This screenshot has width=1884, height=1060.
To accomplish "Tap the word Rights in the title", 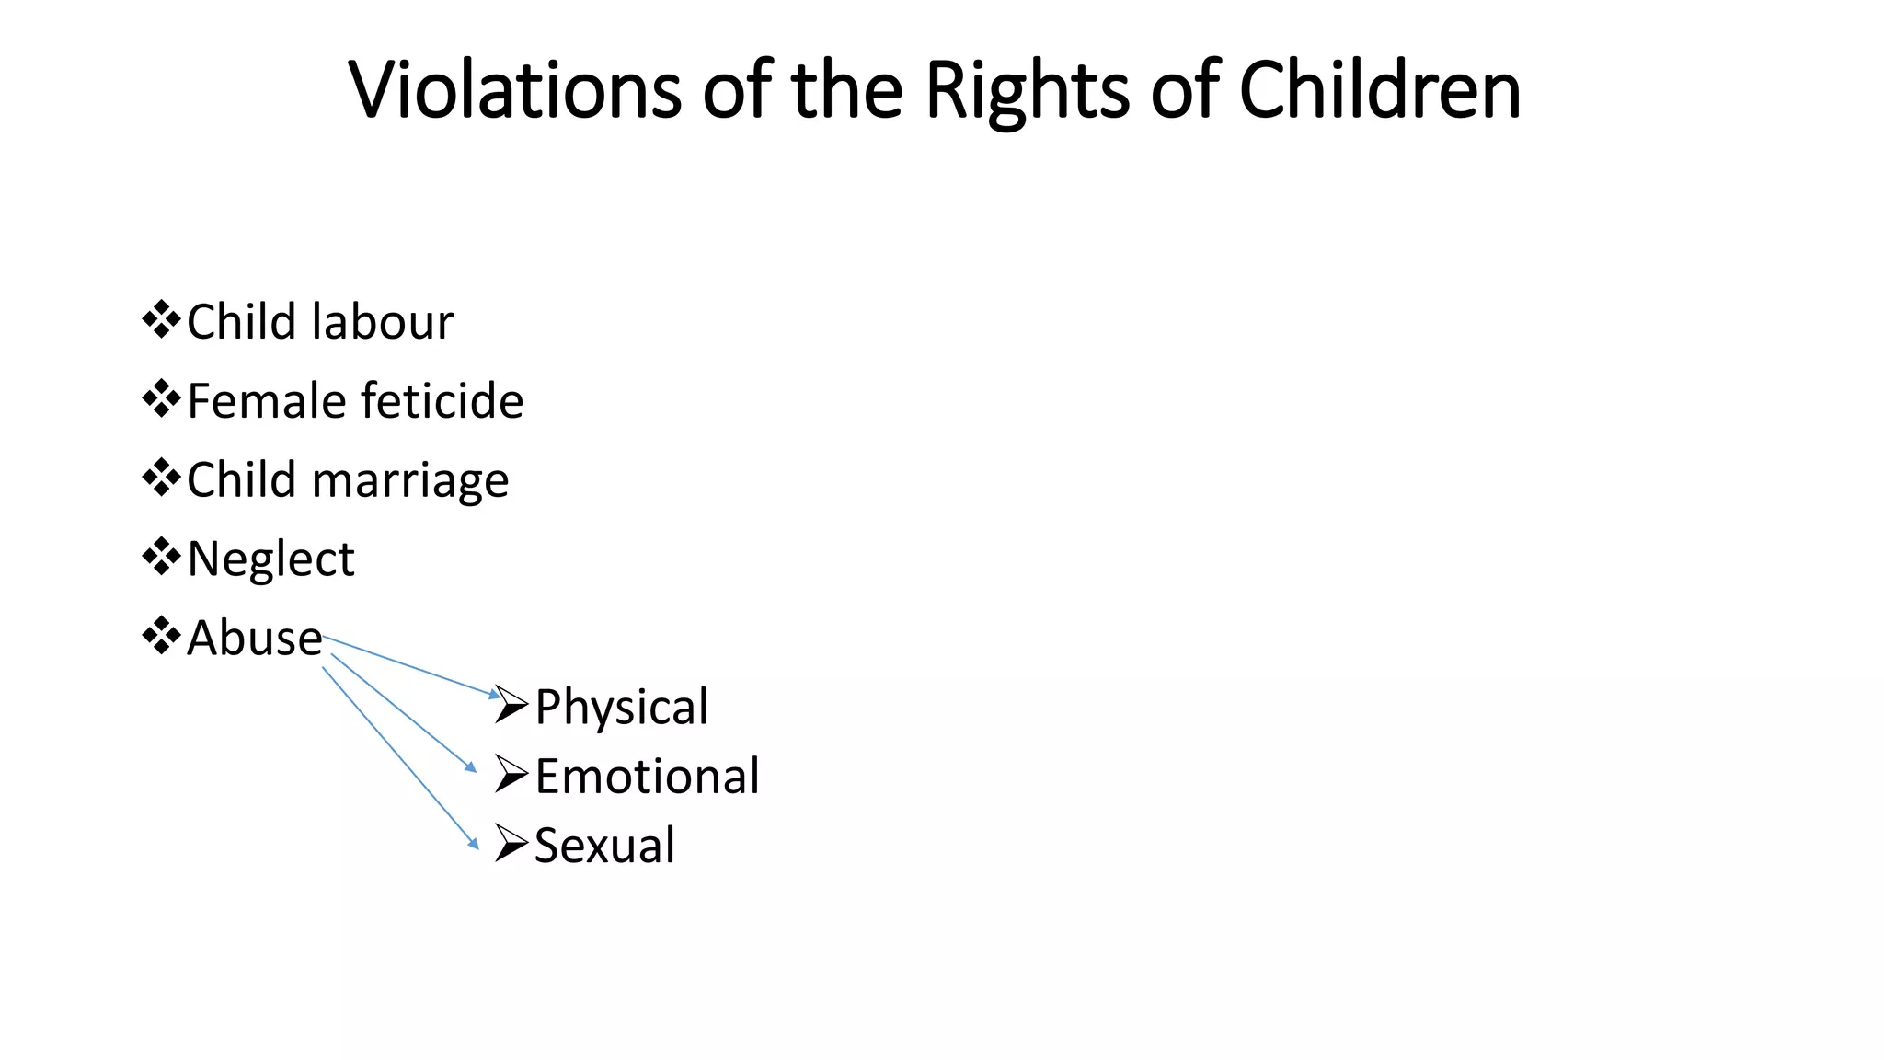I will pyautogui.click(x=1026, y=92).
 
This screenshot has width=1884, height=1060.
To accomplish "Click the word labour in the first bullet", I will pyautogui.click(x=383, y=322).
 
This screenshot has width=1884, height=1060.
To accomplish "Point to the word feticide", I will pyautogui.click(x=442, y=401).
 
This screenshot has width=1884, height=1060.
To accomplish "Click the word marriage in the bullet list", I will pyautogui.click(x=410, y=481).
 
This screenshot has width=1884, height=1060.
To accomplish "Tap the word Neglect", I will pyautogui.click(x=270, y=559).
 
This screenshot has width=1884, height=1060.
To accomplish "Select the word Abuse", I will pyautogui.click(x=254, y=638).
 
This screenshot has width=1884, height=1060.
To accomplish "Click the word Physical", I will pyautogui.click(x=621, y=707).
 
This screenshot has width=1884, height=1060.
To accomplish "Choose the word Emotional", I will pyautogui.click(x=647, y=777).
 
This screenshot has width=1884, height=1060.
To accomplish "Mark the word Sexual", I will pyautogui.click(x=604, y=846).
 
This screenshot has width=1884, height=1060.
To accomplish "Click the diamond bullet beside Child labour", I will pyautogui.click(x=161, y=320).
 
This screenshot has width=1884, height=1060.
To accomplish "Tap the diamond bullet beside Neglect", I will pyautogui.click(x=161, y=558).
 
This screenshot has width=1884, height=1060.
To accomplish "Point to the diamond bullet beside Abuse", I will pyautogui.click(x=161, y=636).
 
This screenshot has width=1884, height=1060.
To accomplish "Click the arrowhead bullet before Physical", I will pyautogui.click(x=511, y=706).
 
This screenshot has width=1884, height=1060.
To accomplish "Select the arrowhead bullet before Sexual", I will pyautogui.click(x=511, y=844).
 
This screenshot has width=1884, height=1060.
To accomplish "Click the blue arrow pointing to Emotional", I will pyautogui.click(x=403, y=712).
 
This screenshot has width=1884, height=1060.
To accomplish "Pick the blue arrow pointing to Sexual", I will pyautogui.click(x=399, y=756).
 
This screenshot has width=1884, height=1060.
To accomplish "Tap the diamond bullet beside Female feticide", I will pyautogui.click(x=161, y=399).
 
